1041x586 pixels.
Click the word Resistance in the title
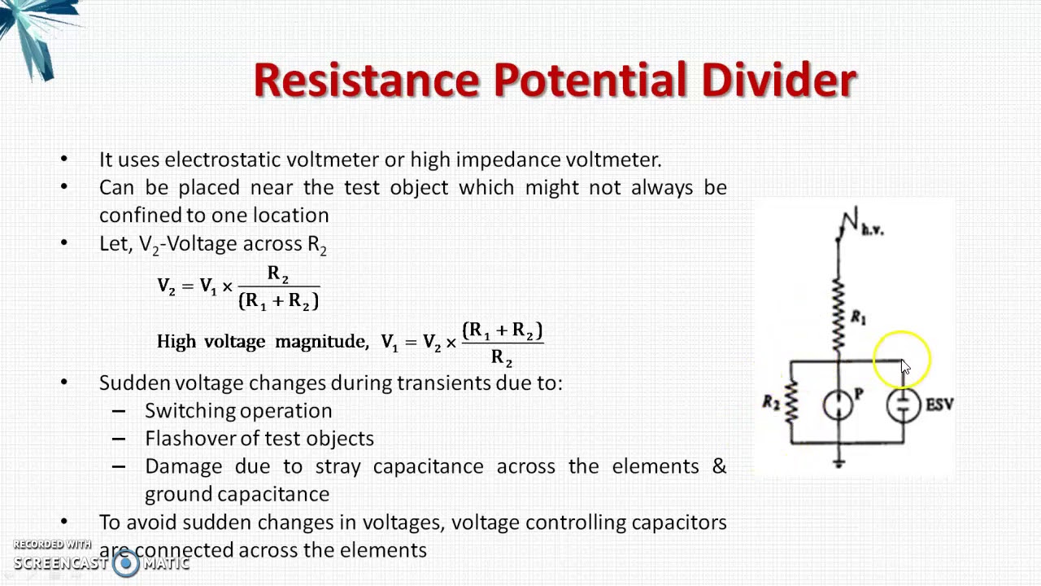(367, 80)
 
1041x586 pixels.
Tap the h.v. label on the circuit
(872, 230)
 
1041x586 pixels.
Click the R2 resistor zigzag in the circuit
(791, 402)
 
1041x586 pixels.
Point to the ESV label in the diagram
(939, 404)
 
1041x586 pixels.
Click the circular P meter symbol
(838, 405)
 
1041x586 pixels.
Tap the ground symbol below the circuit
(838, 462)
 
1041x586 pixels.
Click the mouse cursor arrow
(905, 367)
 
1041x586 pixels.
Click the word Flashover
(189, 439)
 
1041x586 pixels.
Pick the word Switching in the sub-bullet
(189, 411)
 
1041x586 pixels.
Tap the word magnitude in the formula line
(320, 342)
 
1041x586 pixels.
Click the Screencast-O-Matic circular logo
(125, 562)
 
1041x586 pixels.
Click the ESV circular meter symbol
(904, 405)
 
